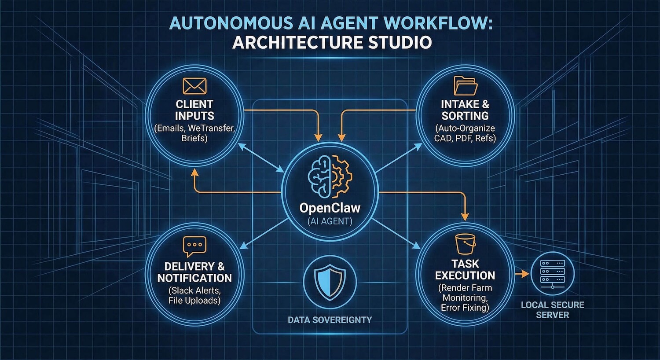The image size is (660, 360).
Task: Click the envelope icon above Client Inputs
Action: pyautogui.click(x=194, y=86)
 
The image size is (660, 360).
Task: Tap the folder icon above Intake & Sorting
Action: pyautogui.click(x=465, y=85)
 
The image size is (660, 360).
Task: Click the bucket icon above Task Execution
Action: pyautogui.click(x=465, y=244)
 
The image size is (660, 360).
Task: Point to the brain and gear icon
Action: pyautogui.click(x=330, y=176)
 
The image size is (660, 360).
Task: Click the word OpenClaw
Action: pyautogui.click(x=330, y=208)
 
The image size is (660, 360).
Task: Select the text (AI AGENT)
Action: pyautogui.click(x=330, y=221)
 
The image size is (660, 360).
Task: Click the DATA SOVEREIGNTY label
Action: pyautogui.click(x=330, y=320)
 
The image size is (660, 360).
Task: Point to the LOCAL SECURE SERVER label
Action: pyautogui.click(x=552, y=310)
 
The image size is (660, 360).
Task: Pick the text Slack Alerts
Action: pyautogui.click(x=194, y=290)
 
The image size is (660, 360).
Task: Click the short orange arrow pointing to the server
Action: pyautogui.click(x=522, y=274)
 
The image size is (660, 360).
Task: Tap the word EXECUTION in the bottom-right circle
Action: pyautogui.click(x=465, y=276)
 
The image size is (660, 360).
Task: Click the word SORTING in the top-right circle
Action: pyautogui.click(x=465, y=116)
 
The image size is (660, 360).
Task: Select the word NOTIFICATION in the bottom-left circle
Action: pyautogui.click(x=194, y=278)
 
